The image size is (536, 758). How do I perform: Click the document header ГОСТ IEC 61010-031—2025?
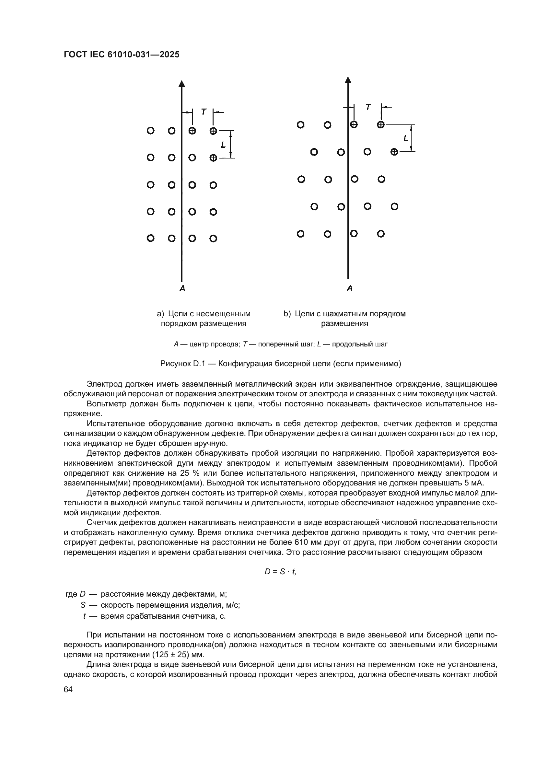click(x=122, y=54)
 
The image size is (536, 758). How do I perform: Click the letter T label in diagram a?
click(x=204, y=112)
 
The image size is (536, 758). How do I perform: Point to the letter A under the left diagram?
click(x=182, y=288)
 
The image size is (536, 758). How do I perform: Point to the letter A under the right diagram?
click(x=350, y=288)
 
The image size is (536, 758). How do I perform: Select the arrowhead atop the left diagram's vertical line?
click(x=182, y=84)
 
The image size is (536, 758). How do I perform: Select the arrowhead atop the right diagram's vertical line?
click(x=348, y=80)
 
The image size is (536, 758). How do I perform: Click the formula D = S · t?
click(x=280, y=571)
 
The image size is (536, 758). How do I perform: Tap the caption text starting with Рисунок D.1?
click(x=281, y=364)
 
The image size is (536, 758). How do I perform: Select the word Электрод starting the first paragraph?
click(x=105, y=384)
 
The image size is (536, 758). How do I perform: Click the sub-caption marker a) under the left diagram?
click(x=160, y=314)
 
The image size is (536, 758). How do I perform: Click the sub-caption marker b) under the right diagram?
click(x=287, y=314)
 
